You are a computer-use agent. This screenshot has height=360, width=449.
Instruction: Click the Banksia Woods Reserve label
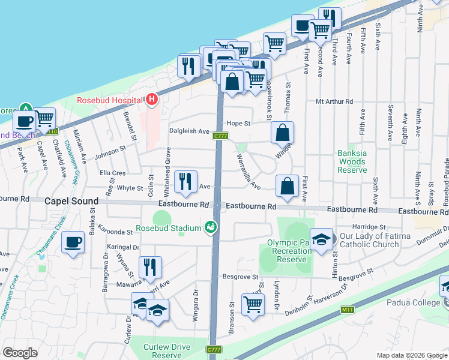coord(351,161)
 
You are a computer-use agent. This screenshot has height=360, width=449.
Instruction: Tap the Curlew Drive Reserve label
coord(167,351)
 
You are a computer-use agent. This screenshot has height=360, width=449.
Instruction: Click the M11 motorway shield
coord(345,310)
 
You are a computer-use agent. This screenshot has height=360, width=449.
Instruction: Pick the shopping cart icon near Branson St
coord(253,304)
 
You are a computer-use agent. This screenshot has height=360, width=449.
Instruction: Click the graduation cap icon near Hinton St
coord(321,239)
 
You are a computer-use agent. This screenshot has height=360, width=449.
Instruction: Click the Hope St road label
coord(238,124)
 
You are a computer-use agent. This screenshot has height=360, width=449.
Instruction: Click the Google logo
coord(20,353)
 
